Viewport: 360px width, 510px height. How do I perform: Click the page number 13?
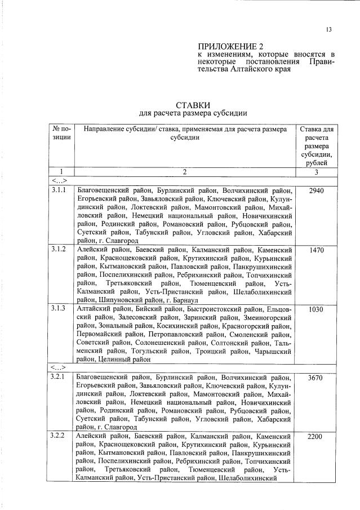point(328,30)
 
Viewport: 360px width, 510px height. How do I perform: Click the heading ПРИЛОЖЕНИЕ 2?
point(230,46)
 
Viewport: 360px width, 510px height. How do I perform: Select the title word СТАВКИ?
point(193,105)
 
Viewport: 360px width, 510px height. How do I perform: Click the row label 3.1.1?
point(59,190)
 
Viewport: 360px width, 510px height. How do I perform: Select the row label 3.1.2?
point(59,249)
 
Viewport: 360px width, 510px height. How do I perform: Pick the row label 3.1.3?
point(59,309)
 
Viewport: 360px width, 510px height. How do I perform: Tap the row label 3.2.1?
point(59,376)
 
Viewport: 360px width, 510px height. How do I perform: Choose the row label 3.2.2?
point(59,436)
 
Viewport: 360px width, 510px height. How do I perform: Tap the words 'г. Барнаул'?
point(182,300)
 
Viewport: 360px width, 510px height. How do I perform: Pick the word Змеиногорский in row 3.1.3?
point(264,317)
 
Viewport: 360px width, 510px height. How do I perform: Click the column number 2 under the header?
point(184,171)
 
